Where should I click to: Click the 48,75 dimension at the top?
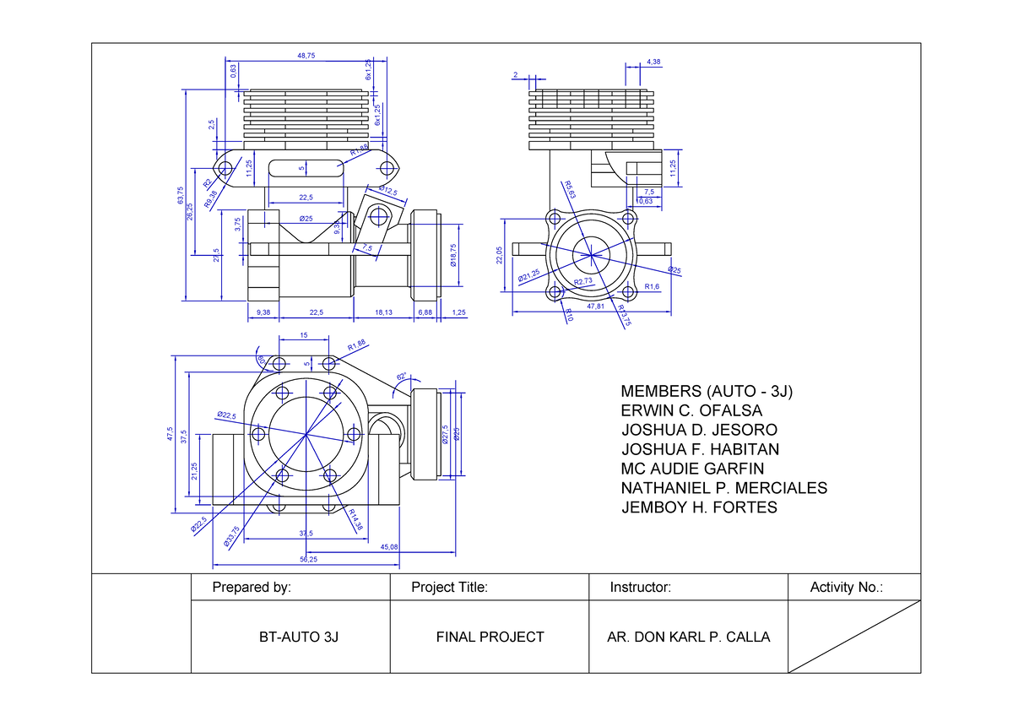click(x=306, y=56)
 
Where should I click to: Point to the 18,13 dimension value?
click(x=382, y=312)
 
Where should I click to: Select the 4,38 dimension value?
click(x=653, y=62)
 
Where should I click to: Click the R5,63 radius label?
click(x=571, y=190)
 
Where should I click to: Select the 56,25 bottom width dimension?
click(x=308, y=559)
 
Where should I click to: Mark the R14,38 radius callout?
click(x=353, y=520)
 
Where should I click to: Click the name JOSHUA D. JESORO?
click(x=699, y=431)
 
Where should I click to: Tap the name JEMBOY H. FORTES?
click(x=699, y=507)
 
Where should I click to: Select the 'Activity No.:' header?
click(x=846, y=588)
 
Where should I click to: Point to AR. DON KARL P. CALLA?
click(x=688, y=637)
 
